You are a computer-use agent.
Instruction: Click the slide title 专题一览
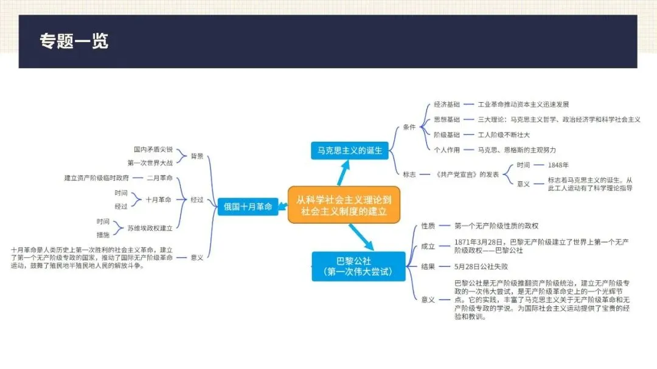[x=74, y=41]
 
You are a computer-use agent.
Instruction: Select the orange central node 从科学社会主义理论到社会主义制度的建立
[x=345, y=205]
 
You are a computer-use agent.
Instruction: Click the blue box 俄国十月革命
[x=246, y=206]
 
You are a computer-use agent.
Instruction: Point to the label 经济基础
[x=447, y=105]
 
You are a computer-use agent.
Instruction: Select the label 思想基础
[x=447, y=120]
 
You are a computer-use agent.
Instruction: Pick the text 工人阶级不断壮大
[x=504, y=135]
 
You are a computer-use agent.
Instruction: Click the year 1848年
[x=558, y=165]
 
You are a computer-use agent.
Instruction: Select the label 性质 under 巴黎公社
[x=428, y=226]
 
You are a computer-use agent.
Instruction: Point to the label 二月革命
[x=159, y=178]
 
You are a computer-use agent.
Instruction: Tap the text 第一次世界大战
[x=150, y=163]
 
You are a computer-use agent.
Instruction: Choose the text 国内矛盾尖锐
[x=153, y=149]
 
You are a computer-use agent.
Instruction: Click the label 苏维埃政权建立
[x=150, y=229]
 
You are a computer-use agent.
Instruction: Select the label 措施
[x=103, y=235]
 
